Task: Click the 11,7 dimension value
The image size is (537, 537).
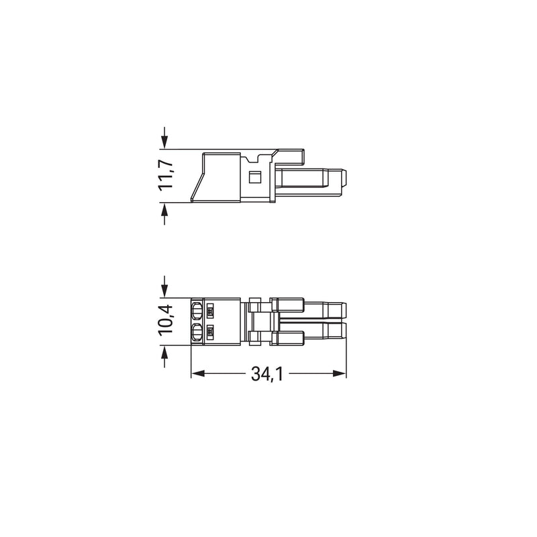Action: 166,175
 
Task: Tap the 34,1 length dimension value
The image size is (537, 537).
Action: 266,374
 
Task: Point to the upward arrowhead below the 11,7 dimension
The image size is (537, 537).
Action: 164,209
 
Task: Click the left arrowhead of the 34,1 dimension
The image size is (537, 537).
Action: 197,373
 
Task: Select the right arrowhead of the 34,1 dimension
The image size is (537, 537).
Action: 340,373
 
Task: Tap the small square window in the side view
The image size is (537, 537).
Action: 254,177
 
